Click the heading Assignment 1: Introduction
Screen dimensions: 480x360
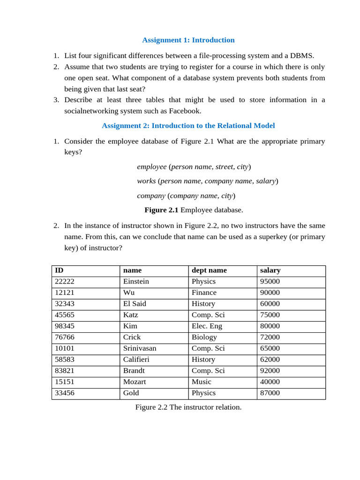point(188,40)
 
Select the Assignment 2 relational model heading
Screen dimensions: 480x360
point(188,126)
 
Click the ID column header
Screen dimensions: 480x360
point(59,270)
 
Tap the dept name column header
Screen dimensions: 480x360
point(209,270)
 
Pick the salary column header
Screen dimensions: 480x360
point(270,270)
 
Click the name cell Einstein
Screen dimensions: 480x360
point(136,282)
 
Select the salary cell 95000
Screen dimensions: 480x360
point(270,282)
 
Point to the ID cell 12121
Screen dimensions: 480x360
point(65,292)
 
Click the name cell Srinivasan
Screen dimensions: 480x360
point(140,348)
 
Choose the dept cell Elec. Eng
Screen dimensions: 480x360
point(207,326)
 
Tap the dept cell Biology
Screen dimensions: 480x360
point(204,337)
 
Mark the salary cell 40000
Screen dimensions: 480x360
point(270,382)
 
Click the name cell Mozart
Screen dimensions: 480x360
point(135,382)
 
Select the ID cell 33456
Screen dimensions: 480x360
point(65,393)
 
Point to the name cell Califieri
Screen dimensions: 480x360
point(136,360)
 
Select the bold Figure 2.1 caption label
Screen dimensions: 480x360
point(161,210)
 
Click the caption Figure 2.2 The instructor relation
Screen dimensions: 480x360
point(188,407)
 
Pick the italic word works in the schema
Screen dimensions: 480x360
point(146,181)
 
